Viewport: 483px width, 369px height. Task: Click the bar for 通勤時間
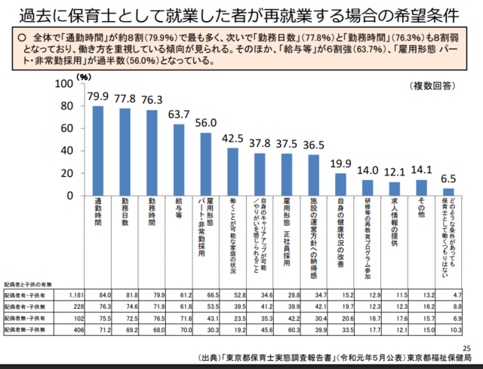pos(98,151)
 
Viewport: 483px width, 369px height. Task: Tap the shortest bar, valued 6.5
pos(448,191)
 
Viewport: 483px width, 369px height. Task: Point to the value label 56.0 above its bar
pos(205,124)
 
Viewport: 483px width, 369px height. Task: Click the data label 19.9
pos(340,164)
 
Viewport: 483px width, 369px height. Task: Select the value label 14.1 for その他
pos(421,170)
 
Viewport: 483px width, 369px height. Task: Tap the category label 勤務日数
pos(125,215)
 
